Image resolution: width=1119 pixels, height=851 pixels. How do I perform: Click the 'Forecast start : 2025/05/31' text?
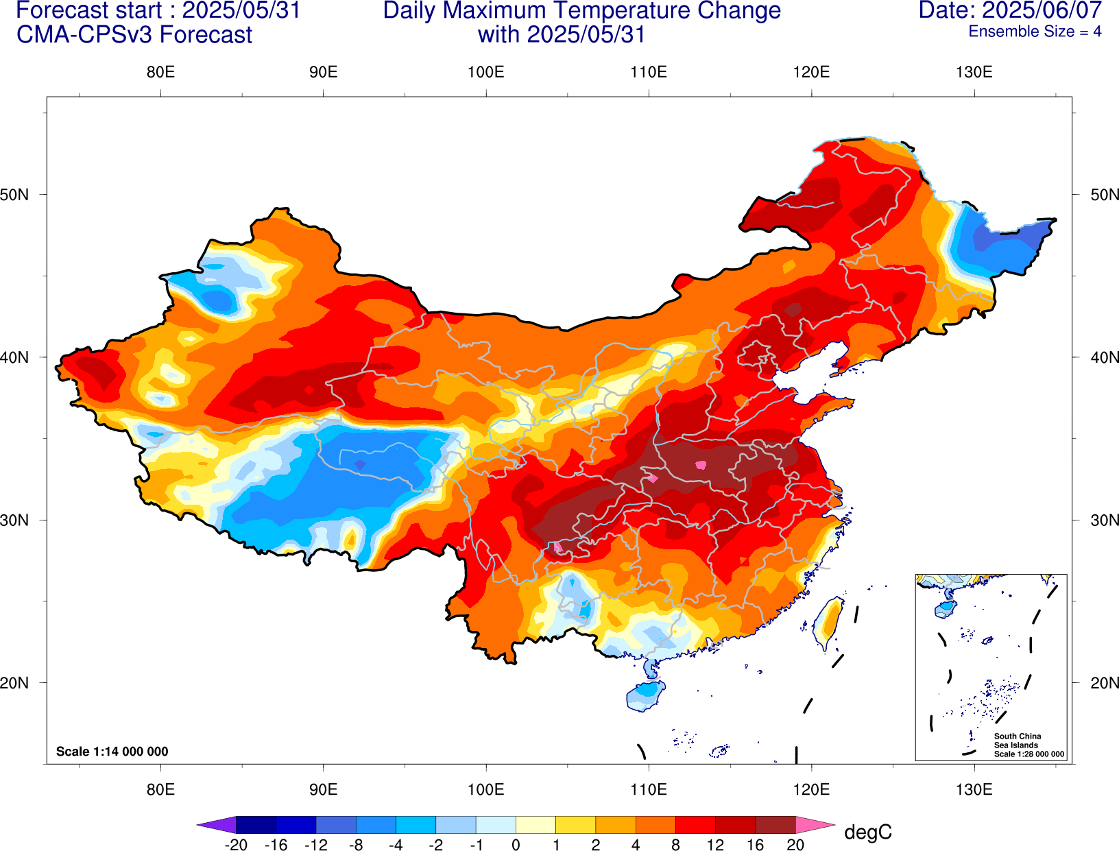[x=158, y=10]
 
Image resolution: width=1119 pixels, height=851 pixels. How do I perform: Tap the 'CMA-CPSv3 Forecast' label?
[x=134, y=34]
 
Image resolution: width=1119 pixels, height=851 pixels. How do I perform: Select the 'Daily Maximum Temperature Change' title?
[x=581, y=10]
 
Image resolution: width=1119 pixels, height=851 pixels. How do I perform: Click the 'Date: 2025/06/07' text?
[x=1010, y=10]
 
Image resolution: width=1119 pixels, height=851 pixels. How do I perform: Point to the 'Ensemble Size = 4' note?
[x=1035, y=32]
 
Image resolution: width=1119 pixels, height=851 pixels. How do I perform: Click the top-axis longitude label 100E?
[x=485, y=72]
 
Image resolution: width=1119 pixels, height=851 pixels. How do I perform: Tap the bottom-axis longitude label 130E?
[x=974, y=789]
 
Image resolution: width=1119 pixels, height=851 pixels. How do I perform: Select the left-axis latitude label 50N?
[x=15, y=194]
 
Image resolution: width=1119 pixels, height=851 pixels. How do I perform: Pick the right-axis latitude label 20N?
[x=1104, y=682]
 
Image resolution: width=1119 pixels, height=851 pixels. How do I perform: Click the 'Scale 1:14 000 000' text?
[x=112, y=752]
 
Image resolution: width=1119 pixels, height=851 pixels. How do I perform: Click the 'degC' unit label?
[x=867, y=832]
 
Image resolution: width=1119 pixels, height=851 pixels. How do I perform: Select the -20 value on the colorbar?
[x=236, y=845]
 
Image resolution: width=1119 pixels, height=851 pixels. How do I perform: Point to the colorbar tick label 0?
[x=516, y=845]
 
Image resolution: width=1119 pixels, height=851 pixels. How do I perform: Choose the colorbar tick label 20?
[x=795, y=845]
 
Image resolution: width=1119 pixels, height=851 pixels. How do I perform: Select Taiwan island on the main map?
[x=828, y=623]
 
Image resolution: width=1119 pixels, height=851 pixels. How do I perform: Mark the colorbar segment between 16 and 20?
[x=775, y=825]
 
